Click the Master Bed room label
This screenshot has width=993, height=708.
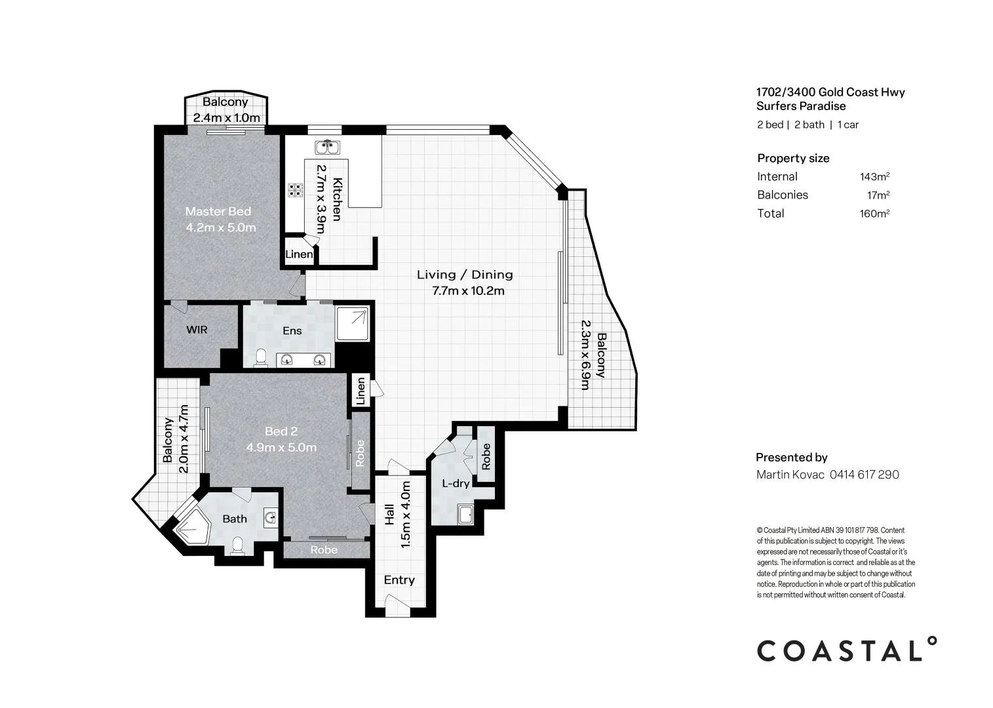pos(218,211)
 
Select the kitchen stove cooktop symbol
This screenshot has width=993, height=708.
pos(296,190)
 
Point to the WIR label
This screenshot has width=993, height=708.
pos(197,330)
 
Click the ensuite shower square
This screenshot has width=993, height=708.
pos(353,324)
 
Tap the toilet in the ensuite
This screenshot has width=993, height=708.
pos(260,358)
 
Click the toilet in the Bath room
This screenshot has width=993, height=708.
pos(238,545)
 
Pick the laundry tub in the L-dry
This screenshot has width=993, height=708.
pos(466,515)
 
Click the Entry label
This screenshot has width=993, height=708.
pos(399,580)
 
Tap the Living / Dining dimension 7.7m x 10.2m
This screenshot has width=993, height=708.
pos(468,291)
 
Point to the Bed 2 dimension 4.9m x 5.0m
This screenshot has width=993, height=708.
pos(281,448)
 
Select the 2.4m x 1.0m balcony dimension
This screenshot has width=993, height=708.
pos(227,118)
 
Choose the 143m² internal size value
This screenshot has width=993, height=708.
pos(874,176)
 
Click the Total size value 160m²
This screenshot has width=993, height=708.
pos(874,213)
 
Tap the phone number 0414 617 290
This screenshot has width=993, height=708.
pos(864,475)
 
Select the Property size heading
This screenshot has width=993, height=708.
pos(793,158)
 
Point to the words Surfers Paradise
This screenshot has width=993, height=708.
pos(801,106)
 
